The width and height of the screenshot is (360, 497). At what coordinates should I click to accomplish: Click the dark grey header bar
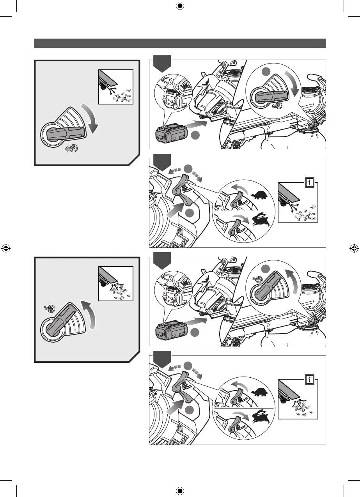pos(180,43)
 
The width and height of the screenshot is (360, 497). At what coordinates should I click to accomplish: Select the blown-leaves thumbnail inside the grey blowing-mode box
pos(116,87)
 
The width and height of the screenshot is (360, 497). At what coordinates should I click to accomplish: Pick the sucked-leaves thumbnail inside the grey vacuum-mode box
pos(116,283)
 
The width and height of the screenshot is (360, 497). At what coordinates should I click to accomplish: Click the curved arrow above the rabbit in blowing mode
pos(239,218)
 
